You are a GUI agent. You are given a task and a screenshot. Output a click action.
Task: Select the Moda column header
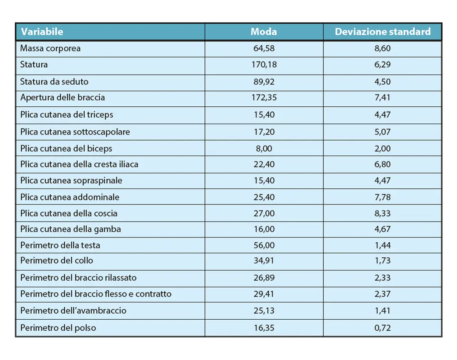pos(264,32)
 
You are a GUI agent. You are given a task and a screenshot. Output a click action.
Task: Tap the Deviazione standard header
pos(383,32)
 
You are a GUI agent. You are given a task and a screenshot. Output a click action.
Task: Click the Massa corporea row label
pos(50,48)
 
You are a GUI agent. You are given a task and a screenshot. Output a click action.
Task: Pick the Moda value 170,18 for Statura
pos(264,65)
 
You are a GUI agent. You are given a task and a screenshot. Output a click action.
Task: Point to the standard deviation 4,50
pos(383,81)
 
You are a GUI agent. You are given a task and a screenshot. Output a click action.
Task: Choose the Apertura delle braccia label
pos(63,98)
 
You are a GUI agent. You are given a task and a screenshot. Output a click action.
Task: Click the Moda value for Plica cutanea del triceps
pos(264,115)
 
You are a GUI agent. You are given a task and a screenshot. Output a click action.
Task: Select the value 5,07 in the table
pos(383,132)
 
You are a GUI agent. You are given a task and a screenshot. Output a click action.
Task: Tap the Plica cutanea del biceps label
pos(66,149)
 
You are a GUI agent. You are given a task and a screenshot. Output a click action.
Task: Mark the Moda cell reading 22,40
pos(264,165)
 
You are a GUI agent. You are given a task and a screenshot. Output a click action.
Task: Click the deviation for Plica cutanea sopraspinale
pos(383,180)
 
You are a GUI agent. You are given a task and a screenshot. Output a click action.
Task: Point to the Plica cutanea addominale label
pos(70,198)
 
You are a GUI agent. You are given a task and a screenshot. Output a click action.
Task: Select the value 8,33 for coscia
pos(383,213)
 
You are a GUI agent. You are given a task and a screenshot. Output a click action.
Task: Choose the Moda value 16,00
pos(264,229)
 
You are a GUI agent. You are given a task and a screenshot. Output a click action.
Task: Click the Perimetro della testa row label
pos(60,246)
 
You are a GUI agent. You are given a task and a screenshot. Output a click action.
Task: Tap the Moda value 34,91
pos(264,261)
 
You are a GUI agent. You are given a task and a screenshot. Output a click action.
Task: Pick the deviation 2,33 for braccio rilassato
pos(383,278)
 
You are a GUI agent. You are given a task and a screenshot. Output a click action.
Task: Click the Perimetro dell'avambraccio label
pos(73,311)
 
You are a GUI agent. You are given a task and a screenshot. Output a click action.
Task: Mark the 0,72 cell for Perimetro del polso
pos(383,328)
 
